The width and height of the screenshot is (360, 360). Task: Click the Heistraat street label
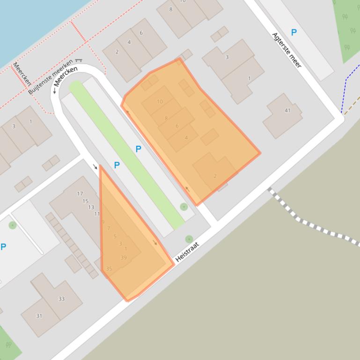[187, 252]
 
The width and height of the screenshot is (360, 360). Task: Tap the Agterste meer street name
[287, 50]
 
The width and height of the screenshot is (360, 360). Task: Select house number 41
[287, 111]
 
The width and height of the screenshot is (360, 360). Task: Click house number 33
[61, 299]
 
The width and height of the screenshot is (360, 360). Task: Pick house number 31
[39, 316]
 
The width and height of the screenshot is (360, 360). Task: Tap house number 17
[80, 194]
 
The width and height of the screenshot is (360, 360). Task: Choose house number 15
[85, 201]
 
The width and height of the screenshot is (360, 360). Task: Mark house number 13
[91, 208]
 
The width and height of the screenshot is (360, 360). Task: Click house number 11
[96, 214]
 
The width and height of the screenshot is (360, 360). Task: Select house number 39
[124, 258]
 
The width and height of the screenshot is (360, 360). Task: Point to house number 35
[109, 269]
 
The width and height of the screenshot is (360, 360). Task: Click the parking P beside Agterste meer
[294, 32]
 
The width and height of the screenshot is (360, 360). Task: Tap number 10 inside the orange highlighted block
[160, 101]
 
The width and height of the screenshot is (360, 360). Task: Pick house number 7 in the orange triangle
[109, 229]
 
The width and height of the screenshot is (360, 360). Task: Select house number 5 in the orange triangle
[115, 237]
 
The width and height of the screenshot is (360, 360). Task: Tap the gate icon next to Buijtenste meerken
[78, 60]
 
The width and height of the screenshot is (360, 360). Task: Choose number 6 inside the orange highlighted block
[177, 126]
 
